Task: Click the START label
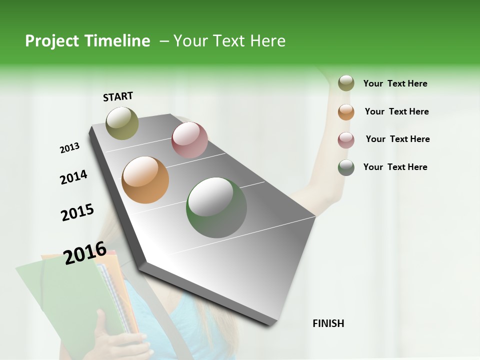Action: (x=118, y=96)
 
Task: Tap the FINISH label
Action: (x=328, y=323)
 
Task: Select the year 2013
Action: (x=70, y=148)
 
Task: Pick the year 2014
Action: (x=73, y=177)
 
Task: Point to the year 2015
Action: (x=77, y=212)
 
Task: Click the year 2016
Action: (x=85, y=252)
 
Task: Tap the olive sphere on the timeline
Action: (x=122, y=123)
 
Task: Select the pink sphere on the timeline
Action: (x=189, y=140)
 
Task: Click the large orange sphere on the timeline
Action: (x=145, y=180)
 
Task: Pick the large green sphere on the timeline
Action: (x=216, y=207)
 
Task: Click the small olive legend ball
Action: (x=346, y=83)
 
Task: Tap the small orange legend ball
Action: (x=346, y=112)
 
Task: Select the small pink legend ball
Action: (x=346, y=140)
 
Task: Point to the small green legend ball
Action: (x=346, y=167)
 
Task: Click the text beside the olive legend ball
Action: (x=395, y=83)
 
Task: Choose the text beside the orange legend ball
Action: (x=396, y=111)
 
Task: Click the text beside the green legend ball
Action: (x=395, y=167)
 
